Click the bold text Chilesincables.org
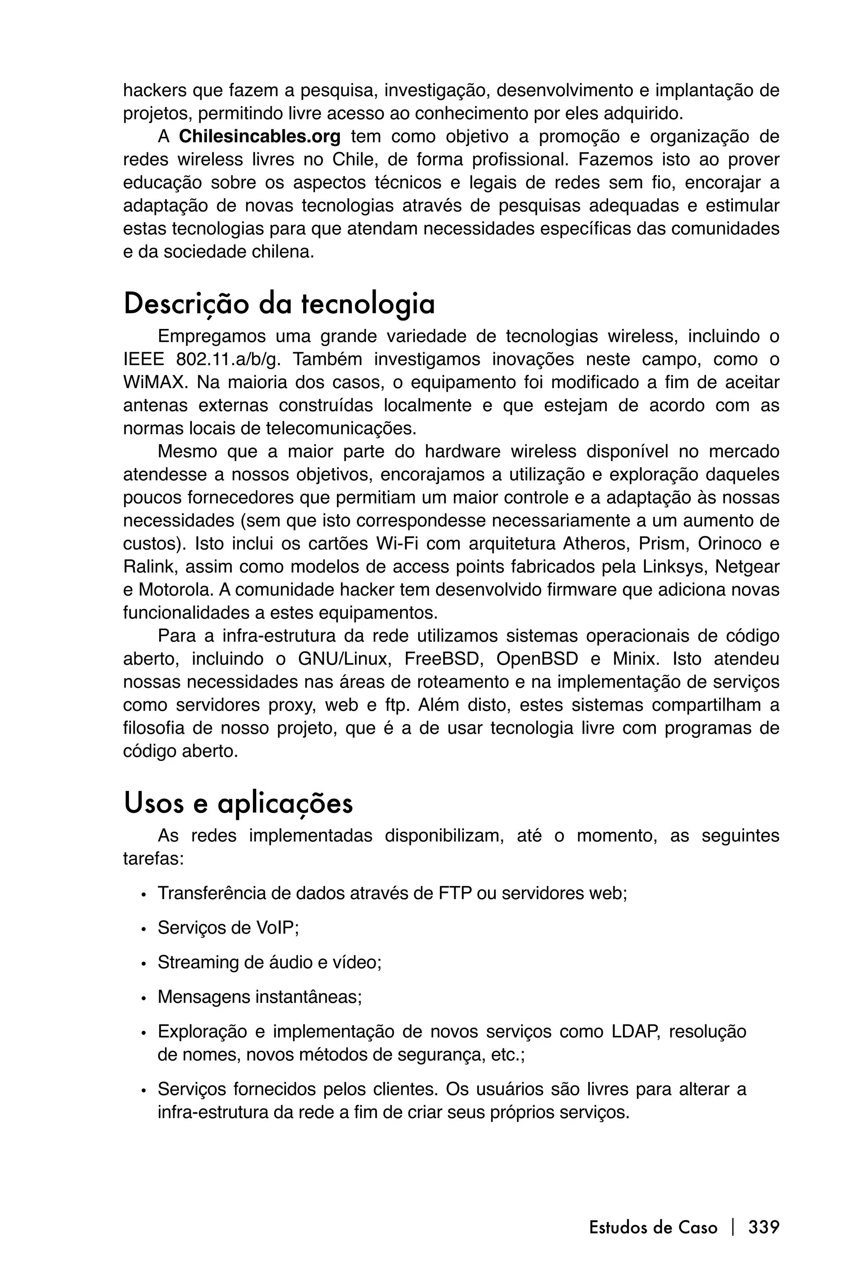pos(260,137)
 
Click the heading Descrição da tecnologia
pos(279,304)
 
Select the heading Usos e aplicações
pos(238,803)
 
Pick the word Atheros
pos(595,543)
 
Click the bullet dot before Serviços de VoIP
pos(143,929)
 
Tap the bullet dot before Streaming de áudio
pos(143,964)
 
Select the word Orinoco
pos(733,543)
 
